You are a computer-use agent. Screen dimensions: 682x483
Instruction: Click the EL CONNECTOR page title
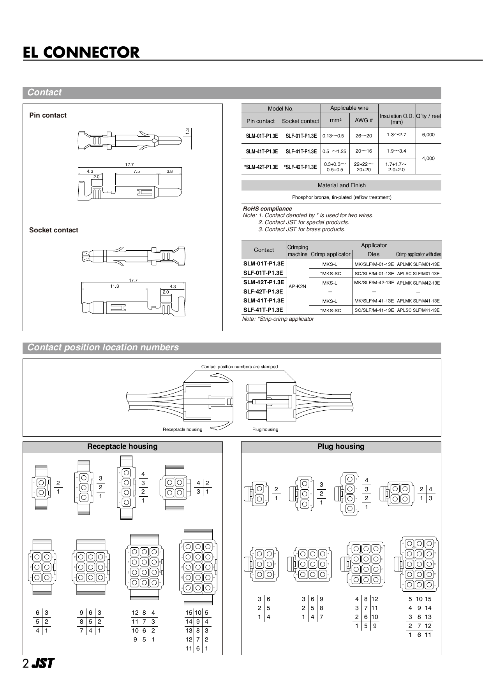click(x=81, y=52)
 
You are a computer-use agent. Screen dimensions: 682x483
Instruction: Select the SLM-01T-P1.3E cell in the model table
click(x=262, y=136)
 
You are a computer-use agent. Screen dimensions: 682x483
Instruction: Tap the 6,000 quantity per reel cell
click(x=428, y=135)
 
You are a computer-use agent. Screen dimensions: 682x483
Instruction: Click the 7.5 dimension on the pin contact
click(x=136, y=171)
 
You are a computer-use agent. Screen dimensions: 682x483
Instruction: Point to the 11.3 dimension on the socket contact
click(x=114, y=286)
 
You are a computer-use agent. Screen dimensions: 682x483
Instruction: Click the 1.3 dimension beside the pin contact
click(x=187, y=131)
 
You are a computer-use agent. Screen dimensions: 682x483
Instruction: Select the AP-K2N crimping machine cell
click(x=297, y=286)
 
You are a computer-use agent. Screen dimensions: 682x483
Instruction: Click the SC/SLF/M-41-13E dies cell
click(x=374, y=310)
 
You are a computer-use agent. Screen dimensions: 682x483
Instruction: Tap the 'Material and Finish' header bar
click(x=341, y=185)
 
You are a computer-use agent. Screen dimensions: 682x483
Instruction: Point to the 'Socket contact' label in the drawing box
click(x=54, y=230)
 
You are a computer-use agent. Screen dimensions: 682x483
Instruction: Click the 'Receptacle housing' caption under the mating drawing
click(x=182, y=429)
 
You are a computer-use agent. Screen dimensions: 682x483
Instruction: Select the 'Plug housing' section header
click(x=341, y=446)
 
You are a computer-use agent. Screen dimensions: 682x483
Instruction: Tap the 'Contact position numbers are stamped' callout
click(x=240, y=367)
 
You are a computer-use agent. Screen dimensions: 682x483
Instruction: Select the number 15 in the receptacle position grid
click(x=189, y=613)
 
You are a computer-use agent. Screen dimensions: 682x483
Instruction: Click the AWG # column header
click(x=363, y=121)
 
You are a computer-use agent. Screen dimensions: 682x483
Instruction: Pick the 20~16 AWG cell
click(x=363, y=151)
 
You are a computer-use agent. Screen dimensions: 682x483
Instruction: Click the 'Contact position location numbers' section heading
click(x=103, y=348)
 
